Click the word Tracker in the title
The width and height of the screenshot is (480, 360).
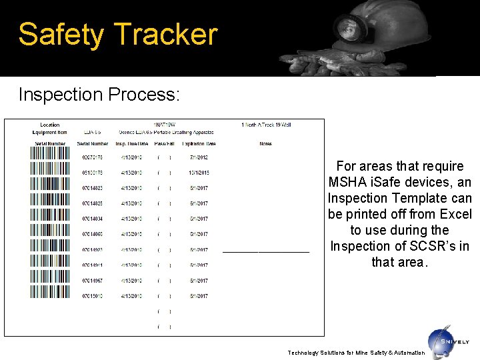click(166, 34)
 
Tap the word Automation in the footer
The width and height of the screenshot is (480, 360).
click(406, 353)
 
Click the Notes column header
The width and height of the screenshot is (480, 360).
click(266, 143)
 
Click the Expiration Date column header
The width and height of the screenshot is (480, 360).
click(199, 143)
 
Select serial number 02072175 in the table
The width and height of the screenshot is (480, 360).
click(93, 157)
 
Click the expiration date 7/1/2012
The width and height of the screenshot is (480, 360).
click(199, 157)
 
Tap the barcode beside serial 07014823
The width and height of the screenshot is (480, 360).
click(49, 188)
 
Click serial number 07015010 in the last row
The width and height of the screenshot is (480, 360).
click(93, 296)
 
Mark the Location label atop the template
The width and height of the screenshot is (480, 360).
click(50, 125)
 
